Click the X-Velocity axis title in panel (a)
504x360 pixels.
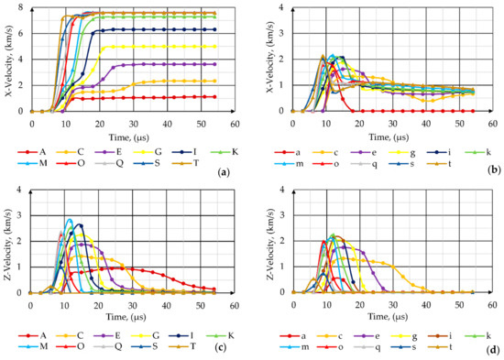point(9,60)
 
